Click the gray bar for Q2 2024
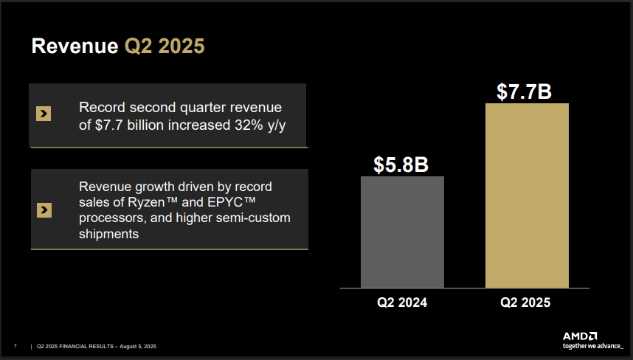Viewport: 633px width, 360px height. click(x=402, y=232)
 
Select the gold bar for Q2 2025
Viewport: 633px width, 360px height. click(x=527, y=195)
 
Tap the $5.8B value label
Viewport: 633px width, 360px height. click(x=401, y=165)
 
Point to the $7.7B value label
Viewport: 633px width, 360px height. click(x=525, y=91)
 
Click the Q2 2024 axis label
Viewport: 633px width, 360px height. click(x=402, y=302)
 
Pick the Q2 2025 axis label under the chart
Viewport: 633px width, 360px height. click(x=525, y=302)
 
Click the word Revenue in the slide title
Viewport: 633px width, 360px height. click(x=74, y=46)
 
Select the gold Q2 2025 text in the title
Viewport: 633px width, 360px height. click(x=165, y=46)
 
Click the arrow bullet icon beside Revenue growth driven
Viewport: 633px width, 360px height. click(x=44, y=210)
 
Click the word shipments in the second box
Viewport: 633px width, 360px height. click(x=109, y=234)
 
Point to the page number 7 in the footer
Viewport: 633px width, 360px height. click(x=15, y=346)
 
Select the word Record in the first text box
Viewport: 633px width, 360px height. click(x=100, y=108)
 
